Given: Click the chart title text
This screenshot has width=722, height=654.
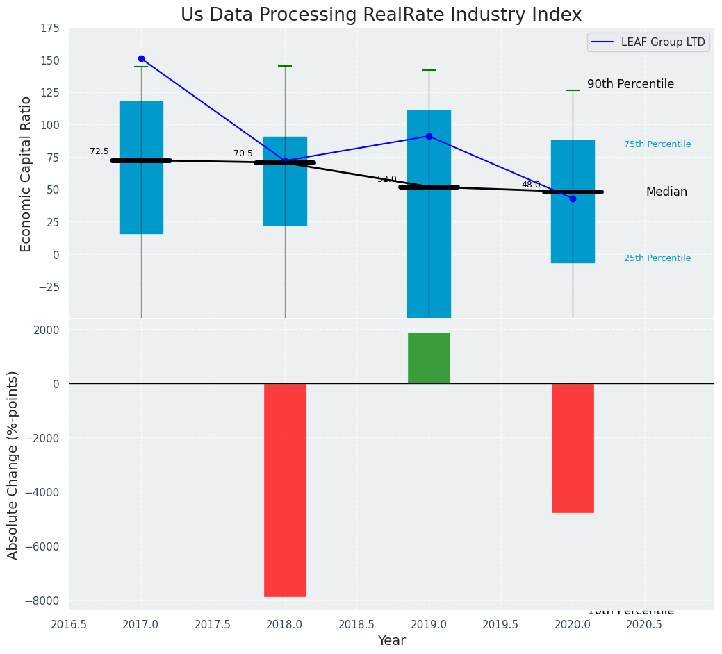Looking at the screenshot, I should [381, 15].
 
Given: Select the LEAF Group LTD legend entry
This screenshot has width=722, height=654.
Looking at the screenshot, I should [648, 42].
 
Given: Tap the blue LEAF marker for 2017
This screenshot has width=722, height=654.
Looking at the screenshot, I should [141, 59].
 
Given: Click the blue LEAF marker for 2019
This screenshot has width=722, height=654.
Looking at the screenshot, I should [429, 136].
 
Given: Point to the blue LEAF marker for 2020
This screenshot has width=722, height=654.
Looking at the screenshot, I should [573, 199].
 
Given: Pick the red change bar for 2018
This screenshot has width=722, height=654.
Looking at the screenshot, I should [285, 489].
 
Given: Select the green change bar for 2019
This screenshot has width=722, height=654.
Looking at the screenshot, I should [429, 358].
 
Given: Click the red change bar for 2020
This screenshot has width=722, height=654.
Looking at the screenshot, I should [573, 448].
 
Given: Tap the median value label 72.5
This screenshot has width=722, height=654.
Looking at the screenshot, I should [99, 151].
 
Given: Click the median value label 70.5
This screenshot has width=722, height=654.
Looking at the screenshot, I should [243, 153].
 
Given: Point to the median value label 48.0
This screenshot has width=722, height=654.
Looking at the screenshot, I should [531, 185].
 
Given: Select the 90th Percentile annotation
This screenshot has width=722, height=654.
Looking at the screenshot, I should [630, 84].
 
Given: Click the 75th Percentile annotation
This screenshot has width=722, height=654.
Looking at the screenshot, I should [657, 144].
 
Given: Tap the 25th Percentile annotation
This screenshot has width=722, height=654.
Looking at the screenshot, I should [657, 258].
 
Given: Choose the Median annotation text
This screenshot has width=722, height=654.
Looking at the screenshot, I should [666, 192].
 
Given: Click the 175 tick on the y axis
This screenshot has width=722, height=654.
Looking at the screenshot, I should [49, 28].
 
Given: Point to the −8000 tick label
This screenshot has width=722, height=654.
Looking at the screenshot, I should [43, 601].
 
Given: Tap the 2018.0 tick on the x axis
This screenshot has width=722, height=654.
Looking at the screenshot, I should [285, 623].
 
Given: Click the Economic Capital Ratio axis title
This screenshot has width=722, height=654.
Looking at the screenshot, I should [26, 174].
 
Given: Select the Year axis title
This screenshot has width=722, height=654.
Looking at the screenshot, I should [392, 641].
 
